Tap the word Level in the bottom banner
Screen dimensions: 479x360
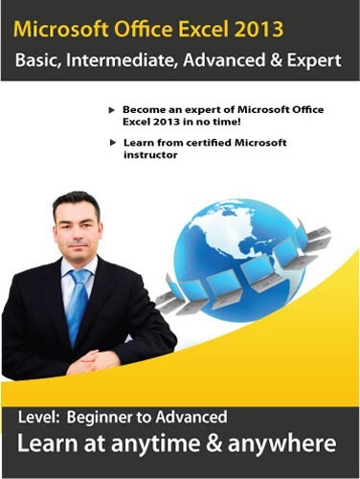pyautogui.click(x=43, y=417)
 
